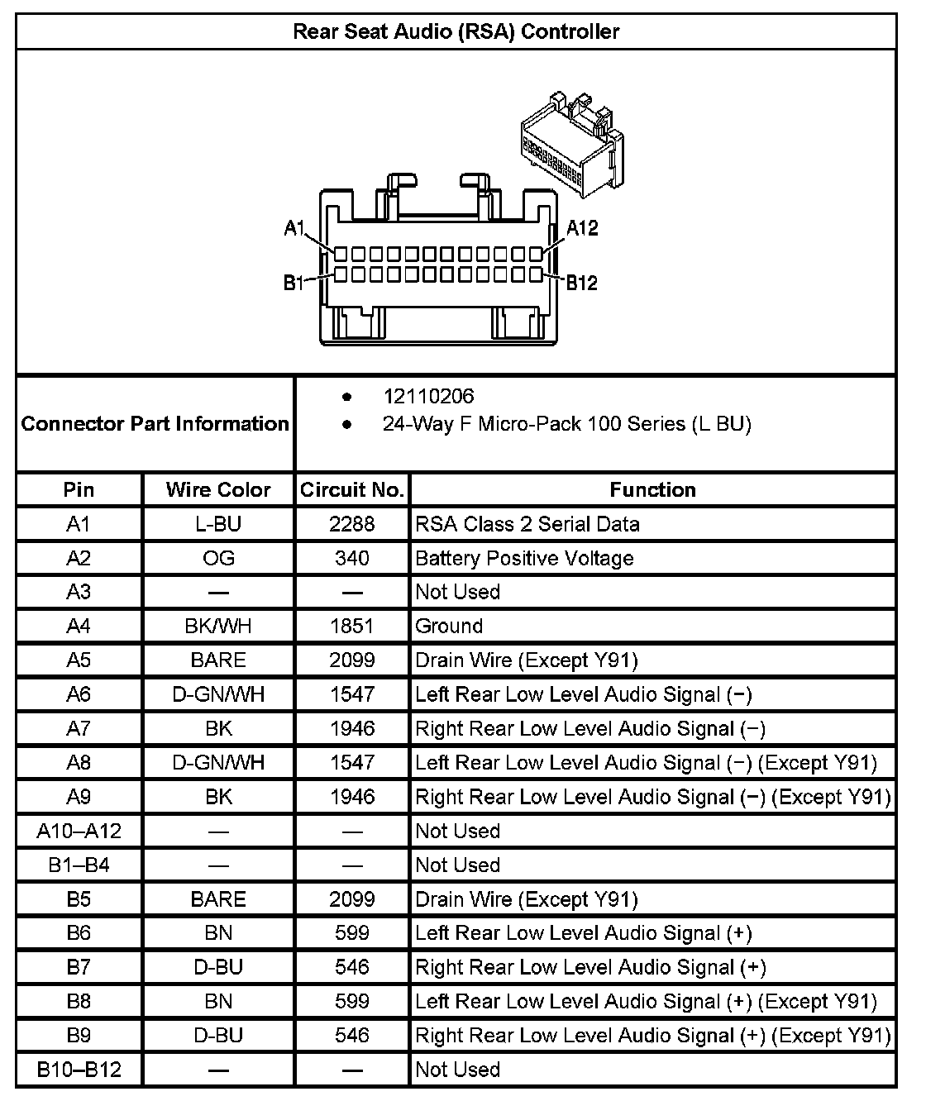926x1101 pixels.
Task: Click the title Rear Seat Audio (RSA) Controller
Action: click(x=456, y=31)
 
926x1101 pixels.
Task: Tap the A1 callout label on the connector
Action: click(x=295, y=228)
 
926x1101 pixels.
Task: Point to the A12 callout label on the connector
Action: click(x=582, y=228)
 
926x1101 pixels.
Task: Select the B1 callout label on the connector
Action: click(x=294, y=283)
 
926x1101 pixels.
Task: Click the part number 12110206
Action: click(x=428, y=396)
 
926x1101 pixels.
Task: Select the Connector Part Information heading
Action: click(x=155, y=424)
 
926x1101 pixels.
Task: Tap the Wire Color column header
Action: click(x=218, y=489)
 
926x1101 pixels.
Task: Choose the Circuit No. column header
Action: click(x=352, y=489)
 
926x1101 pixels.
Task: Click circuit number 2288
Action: click(x=352, y=524)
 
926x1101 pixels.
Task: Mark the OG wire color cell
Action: click(x=218, y=558)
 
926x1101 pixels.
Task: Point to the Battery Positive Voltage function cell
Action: click(x=524, y=558)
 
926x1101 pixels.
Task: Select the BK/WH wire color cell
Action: click(x=218, y=627)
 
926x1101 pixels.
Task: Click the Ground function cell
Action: click(x=449, y=627)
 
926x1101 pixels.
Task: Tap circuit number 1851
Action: click(x=352, y=627)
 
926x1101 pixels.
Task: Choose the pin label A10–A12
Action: click(x=79, y=831)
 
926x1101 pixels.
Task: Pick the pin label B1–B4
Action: click(x=79, y=865)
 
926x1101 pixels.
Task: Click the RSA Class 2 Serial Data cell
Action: click(x=527, y=524)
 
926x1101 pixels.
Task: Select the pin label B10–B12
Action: click(x=79, y=1070)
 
